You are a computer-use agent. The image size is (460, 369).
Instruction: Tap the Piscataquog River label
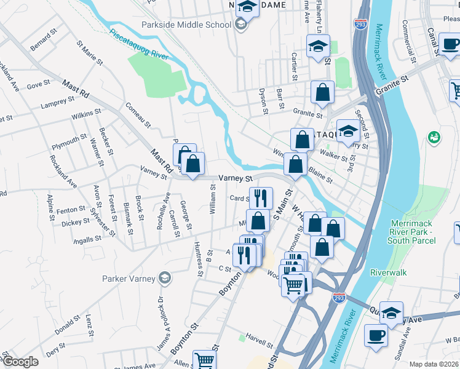139,43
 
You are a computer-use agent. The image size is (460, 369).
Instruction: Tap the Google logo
20,362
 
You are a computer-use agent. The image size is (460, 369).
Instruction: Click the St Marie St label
87,54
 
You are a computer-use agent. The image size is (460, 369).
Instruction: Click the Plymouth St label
69,142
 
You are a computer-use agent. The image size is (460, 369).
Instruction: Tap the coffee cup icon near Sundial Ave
376,336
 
